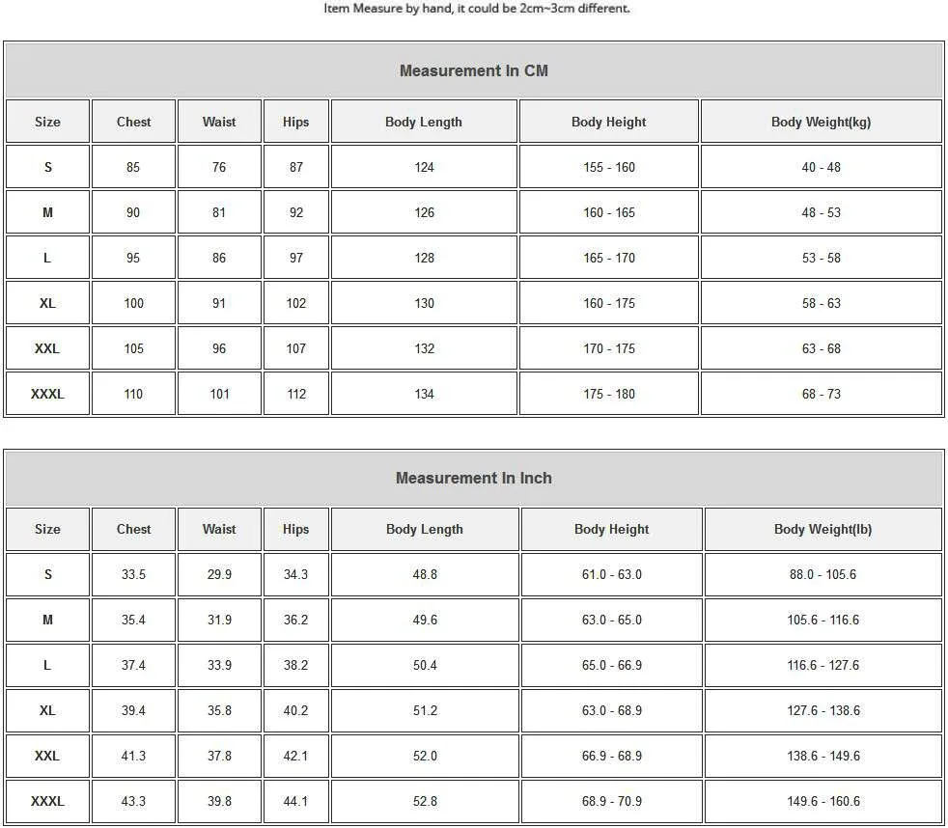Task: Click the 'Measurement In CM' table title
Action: click(473, 70)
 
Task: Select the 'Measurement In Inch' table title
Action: click(473, 478)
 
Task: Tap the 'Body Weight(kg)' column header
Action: click(821, 122)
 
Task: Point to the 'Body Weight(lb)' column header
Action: click(823, 529)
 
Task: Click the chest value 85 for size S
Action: click(133, 167)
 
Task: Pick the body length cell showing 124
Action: click(424, 167)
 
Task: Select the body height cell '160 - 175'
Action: click(608, 303)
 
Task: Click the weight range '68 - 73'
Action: click(821, 394)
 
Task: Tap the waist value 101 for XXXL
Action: click(219, 394)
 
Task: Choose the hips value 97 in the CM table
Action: click(296, 258)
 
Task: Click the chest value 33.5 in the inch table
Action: click(133, 574)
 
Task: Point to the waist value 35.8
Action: click(219, 710)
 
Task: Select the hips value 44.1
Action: click(296, 801)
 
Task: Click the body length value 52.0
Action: click(425, 756)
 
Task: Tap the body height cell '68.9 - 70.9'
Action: click(611, 801)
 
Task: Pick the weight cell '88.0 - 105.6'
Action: click(823, 574)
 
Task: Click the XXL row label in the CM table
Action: click(47, 348)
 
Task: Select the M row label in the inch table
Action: click(47, 620)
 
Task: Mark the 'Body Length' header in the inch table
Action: click(425, 529)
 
